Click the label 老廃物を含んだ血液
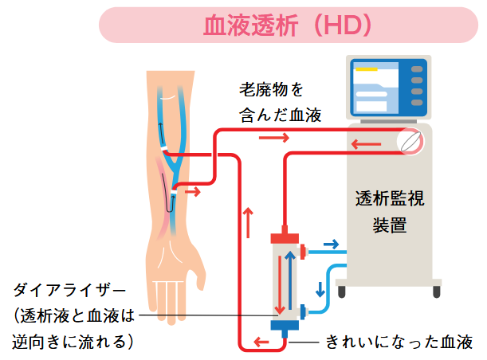pyautogui.click(x=280, y=100)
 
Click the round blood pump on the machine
pyautogui.click(x=410, y=143)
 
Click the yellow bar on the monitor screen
pyautogui.click(x=366, y=68)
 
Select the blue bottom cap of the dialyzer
pyautogui.click(x=284, y=324)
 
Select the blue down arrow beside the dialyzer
pyautogui.click(x=321, y=288)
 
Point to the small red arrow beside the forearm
pyautogui.click(x=194, y=191)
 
